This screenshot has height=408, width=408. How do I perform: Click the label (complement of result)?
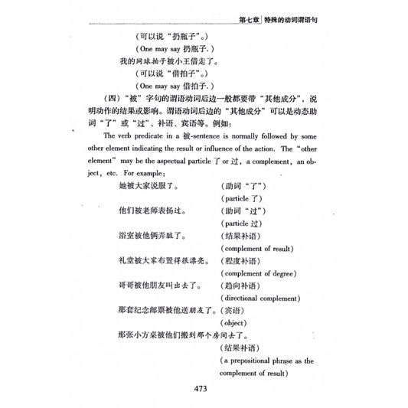tap(256, 248)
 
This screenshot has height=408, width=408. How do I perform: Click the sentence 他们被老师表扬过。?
tap(154, 210)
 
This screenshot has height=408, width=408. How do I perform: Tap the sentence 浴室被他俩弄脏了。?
tap(154, 235)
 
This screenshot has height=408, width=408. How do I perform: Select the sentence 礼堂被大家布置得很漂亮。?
tap(164, 260)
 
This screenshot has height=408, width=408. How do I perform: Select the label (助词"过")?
tap(246, 210)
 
